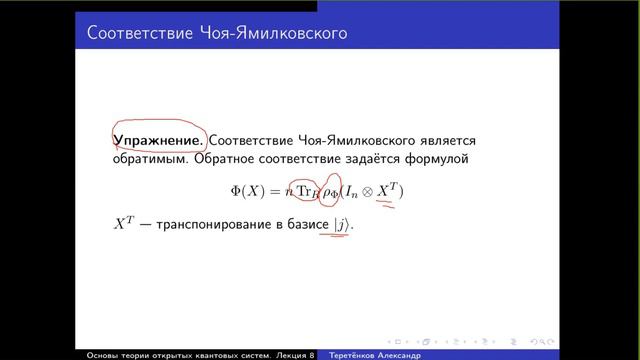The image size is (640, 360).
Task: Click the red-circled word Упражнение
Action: tap(159, 142)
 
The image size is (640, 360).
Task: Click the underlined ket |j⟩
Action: tap(343, 226)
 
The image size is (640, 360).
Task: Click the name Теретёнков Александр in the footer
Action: tap(385, 355)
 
